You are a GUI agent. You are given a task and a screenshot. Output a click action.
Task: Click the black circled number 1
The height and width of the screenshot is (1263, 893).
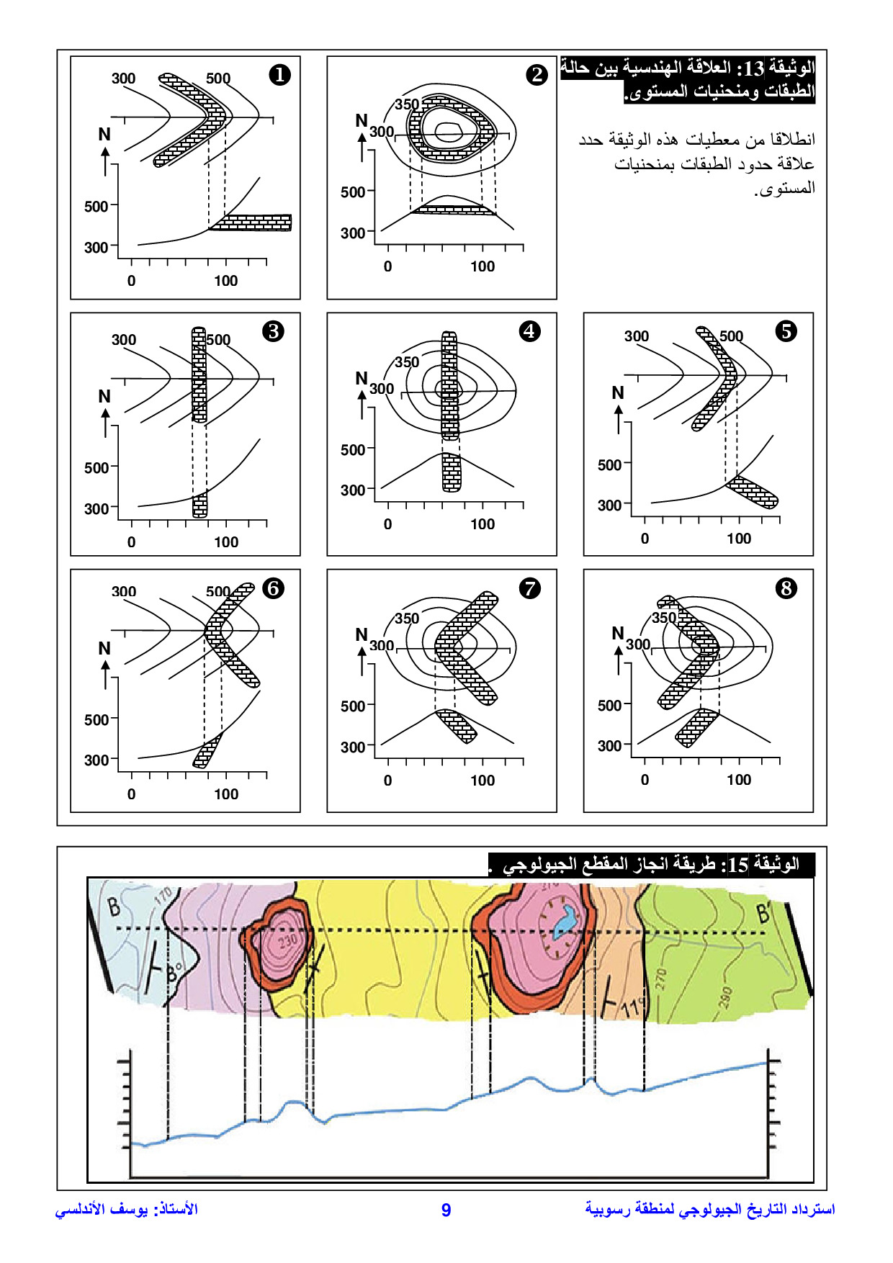(279, 75)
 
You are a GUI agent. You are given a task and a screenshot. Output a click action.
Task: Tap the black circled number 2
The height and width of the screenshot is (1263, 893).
(537, 75)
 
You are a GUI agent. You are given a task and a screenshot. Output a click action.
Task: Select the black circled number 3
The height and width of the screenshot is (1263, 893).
(273, 331)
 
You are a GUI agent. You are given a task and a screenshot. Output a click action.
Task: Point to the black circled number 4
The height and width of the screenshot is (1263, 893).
(530, 331)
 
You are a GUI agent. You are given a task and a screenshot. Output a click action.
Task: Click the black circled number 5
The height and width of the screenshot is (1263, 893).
(786, 331)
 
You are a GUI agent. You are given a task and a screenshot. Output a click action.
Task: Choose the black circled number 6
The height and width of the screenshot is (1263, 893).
(273, 588)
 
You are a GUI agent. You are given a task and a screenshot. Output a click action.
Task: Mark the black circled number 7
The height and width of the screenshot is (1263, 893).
(530, 588)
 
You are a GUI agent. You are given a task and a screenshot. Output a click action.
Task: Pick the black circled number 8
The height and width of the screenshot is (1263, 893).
(786, 588)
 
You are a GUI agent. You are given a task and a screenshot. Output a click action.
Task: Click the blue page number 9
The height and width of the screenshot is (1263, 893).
(446, 1210)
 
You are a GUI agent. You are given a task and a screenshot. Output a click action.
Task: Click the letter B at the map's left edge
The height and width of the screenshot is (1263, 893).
(114, 907)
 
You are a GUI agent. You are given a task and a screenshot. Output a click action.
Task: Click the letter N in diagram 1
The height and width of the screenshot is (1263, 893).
(104, 135)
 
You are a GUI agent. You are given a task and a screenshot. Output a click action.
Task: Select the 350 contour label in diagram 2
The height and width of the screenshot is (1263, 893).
(407, 104)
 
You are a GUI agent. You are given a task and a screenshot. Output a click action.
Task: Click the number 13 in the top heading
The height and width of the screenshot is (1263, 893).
(754, 68)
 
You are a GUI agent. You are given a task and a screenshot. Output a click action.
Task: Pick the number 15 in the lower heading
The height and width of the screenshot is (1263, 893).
(738, 865)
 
